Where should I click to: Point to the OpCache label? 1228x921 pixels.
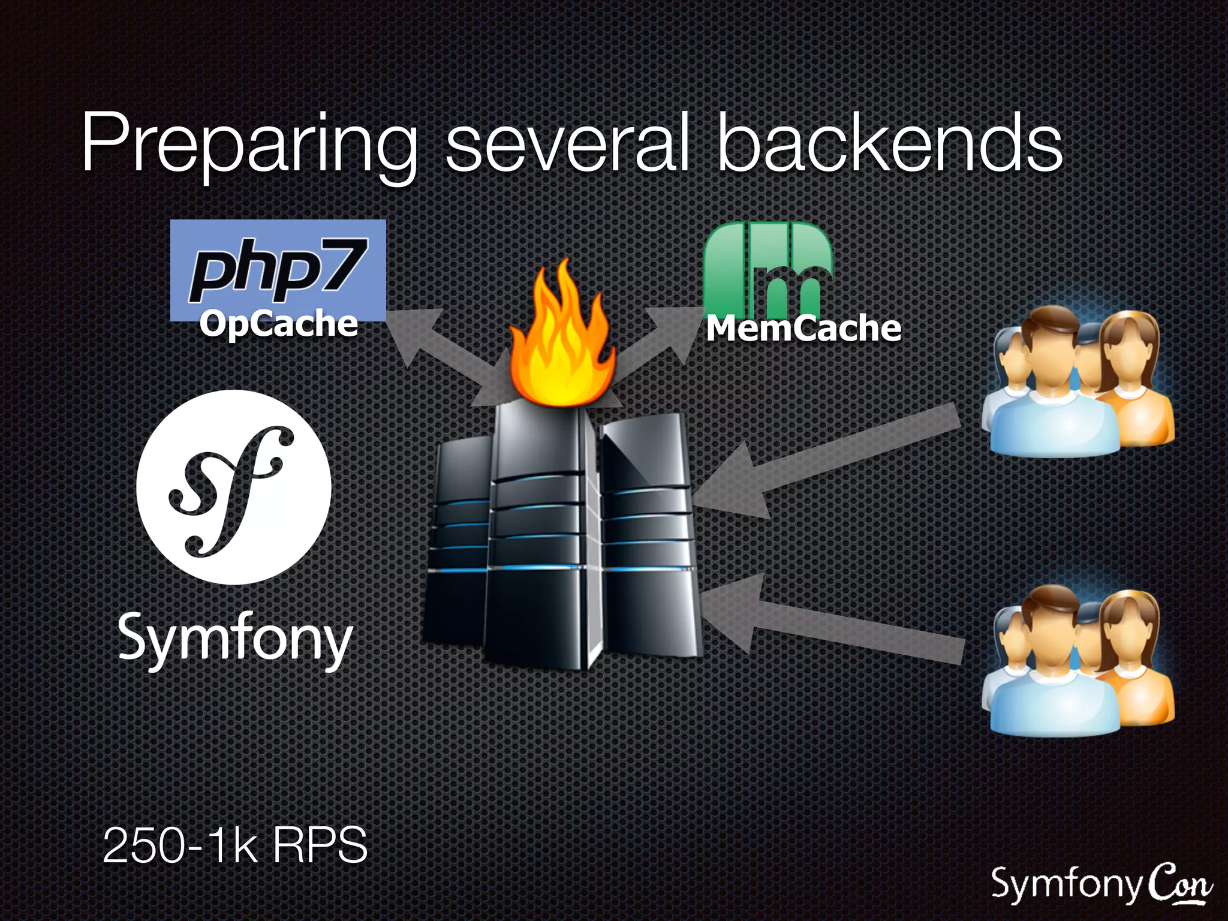(x=278, y=324)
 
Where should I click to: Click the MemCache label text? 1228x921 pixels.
(x=803, y=329)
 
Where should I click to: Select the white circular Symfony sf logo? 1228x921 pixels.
(x=234, y=487)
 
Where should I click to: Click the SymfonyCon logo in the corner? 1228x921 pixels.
(x=1100, y=884)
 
